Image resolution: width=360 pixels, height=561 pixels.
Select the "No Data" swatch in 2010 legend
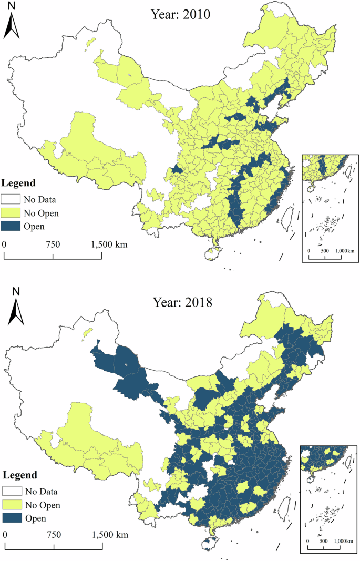(11, 199)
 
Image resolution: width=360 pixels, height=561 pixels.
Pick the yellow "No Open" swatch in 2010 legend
(11, 213)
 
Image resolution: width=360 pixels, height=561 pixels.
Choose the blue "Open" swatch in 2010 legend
(11, 227)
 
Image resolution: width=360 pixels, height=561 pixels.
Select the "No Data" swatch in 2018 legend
(11, 492)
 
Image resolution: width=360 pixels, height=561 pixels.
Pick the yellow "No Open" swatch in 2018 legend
(11, 505)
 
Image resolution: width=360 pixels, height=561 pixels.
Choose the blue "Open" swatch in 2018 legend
(11, 518)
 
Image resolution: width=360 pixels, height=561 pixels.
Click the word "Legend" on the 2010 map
(18, 183)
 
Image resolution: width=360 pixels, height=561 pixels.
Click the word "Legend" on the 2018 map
(19, 475)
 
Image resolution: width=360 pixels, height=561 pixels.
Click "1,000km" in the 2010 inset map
(343, 251)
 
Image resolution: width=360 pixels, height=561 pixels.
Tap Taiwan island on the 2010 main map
(287, 217)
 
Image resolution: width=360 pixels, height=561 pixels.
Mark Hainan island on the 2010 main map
(212, 253)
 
